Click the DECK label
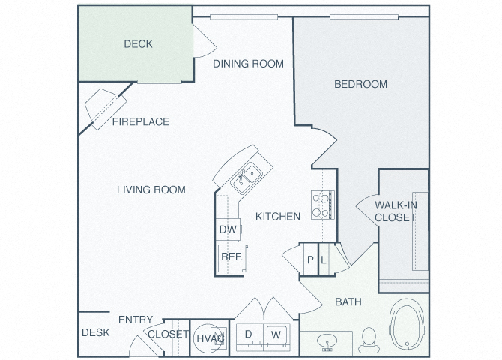[138, 44]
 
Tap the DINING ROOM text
[249, 64]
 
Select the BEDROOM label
[361, 84]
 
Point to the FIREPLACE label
[141, 121]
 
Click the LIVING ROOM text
[151, 190]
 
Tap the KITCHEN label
[278, 217]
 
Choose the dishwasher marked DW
[228, 229]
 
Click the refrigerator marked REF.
[232, 259]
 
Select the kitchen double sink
[247, 178]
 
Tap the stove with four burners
[323, 205]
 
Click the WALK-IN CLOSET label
[396, 211]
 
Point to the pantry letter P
[310, 259]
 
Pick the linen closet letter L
[324, 259]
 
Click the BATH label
[348, 301]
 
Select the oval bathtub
[407, 324]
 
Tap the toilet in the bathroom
[369, 340]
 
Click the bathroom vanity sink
[327, 341]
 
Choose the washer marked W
[276, 334]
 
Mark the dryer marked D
[250, 334]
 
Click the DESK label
[96, 332]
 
